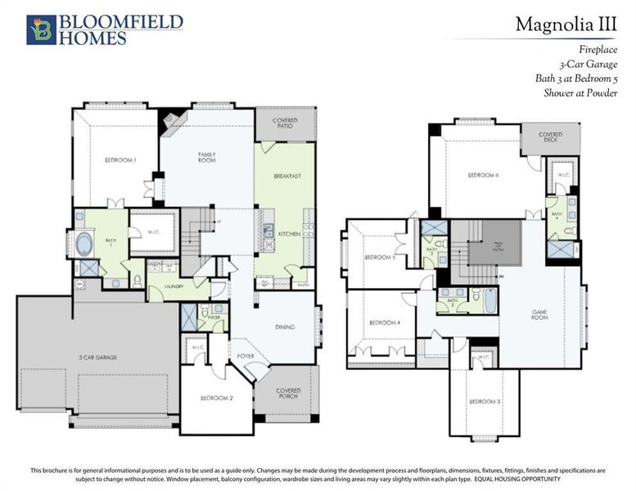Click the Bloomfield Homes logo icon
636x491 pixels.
[x=41, y=29]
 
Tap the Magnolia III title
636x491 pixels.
[x=566, y=25]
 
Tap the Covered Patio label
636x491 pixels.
[x=286, y=124]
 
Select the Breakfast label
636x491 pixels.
[x=288, y=176]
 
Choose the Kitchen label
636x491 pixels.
[x=288, y=234]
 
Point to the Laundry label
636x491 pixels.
[x=174, y=287]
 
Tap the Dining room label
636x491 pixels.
[x=286, y=327]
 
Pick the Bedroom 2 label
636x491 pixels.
[x=217, y=398]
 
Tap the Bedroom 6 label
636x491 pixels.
[x=483, y=175]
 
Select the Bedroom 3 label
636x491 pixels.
[x=485, y=401]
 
